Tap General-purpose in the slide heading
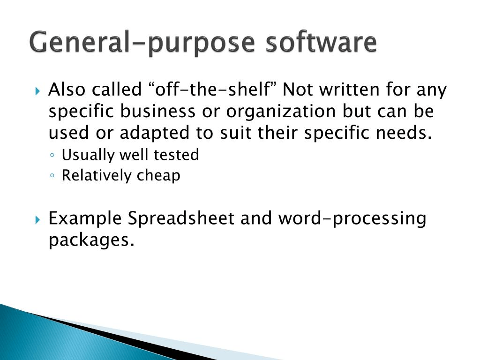click(x=142, y=43)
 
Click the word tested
click(x=176, y=155)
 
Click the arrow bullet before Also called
click(x=37, y=91)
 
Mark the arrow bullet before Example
click(x=37, y=219)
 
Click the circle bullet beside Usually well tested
click(x=52, y=155)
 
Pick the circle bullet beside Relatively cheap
click(x=52, y=176)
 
